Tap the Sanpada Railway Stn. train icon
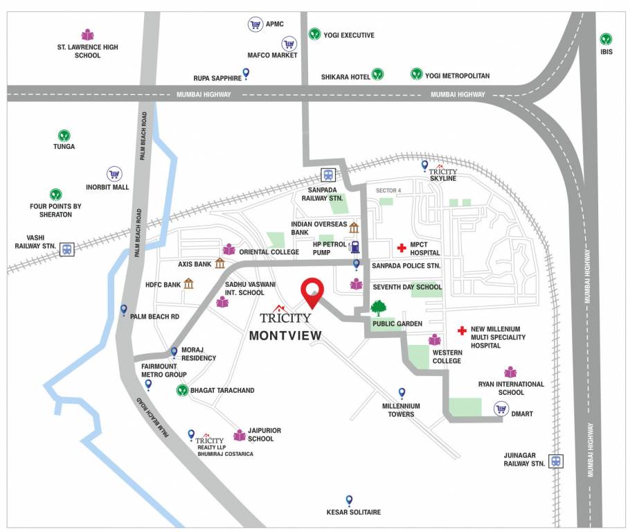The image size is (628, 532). [327, 176]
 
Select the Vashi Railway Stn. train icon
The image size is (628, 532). [66, 249]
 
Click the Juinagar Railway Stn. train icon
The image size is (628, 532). [555, 461]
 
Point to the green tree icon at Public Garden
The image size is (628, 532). [378, 308]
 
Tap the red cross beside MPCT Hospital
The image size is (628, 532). [401, 248]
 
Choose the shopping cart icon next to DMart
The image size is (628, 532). [501, 409]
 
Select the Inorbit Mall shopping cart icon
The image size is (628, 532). [114, 174]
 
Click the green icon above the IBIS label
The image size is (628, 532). [606, 39]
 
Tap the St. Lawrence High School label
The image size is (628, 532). [87, 51]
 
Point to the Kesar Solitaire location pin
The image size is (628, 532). [349, 500]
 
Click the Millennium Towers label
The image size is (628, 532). [401, 410]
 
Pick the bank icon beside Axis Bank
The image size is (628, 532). [219, 263]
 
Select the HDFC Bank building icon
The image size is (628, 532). [188, 283]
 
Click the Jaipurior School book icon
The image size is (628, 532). [240, 435]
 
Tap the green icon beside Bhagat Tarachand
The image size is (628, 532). [181, 390]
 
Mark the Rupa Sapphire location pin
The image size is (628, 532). [246, 72]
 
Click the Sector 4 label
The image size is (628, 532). [388, 190]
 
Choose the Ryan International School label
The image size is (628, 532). [511, 388]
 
